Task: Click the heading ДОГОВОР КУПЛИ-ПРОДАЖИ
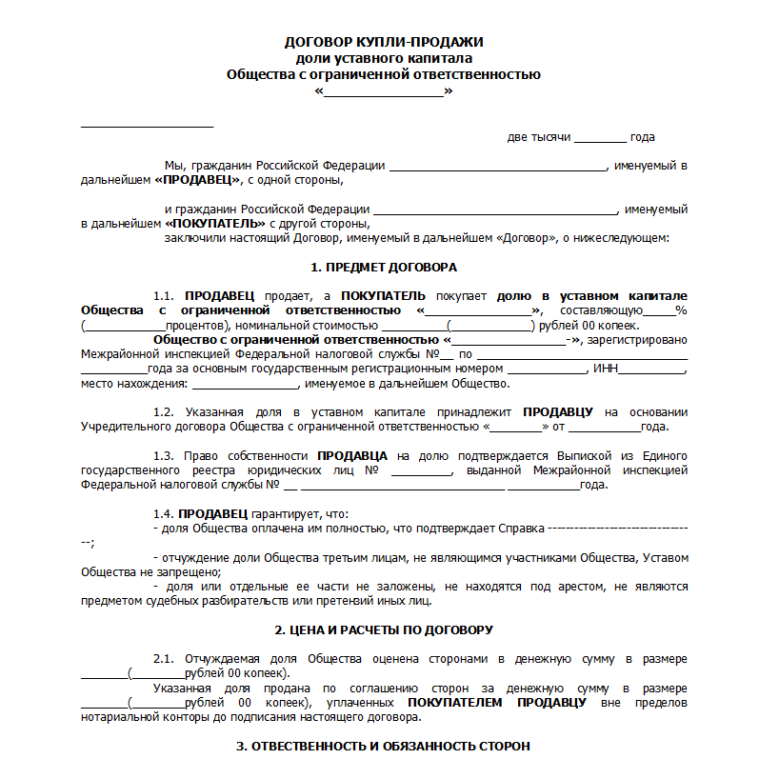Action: click(x=384, y=42)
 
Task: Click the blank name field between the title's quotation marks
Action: click(x=384, y=92)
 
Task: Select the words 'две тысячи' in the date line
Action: click(x=538, y=137)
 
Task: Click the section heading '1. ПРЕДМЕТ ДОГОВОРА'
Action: click(x=384, y=267)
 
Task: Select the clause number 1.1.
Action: click(x=165, y=296)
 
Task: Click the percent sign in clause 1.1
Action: click(x=681, y=310)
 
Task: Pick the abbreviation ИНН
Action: click(x=606, y=369)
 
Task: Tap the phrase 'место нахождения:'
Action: click(x=134, y=384)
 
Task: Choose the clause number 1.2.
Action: click(x=165, y=412)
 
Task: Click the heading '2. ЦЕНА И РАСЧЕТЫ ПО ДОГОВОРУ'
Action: click(x=384, y=630)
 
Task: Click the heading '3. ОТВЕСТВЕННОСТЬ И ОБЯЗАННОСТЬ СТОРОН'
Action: click(x=384, y=747)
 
